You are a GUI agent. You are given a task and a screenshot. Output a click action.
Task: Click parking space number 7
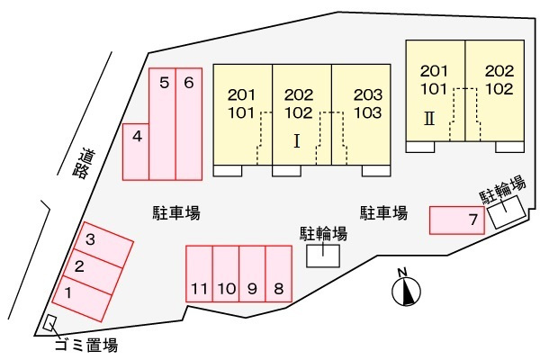pos(457,220)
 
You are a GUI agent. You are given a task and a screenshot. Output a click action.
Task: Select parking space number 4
pos(136,151)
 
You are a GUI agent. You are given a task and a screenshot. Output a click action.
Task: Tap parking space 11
pos(199,274)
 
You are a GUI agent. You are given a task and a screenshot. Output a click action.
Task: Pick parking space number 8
pos(279,274)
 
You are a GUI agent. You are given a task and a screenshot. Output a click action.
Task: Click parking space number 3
pos(103,244)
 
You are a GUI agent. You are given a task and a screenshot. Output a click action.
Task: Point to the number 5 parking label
pos(165,83)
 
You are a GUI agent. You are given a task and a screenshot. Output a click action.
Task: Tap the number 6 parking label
pos(189,83)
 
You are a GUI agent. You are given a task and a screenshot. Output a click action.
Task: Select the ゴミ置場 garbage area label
pos(86,345)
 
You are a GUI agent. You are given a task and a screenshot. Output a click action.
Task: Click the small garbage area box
pos(49,323)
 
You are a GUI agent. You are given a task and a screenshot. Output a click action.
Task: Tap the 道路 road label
pos(84,164)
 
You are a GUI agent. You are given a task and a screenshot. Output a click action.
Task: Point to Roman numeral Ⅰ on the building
pos(297,141)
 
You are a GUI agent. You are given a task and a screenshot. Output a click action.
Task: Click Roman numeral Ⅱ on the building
pos(429,119)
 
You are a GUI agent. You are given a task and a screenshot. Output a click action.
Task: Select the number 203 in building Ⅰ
pos(368,94)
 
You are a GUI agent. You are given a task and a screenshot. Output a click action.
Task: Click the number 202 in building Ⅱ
pos(499,71)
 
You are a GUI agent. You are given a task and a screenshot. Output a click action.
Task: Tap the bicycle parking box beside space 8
pos(323,256)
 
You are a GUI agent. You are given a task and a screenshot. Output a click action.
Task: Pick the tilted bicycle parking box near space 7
pos(507,212)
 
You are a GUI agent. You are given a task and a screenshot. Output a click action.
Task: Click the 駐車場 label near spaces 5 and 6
pos(176,212)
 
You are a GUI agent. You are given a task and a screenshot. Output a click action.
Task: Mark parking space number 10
pos(226,274)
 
